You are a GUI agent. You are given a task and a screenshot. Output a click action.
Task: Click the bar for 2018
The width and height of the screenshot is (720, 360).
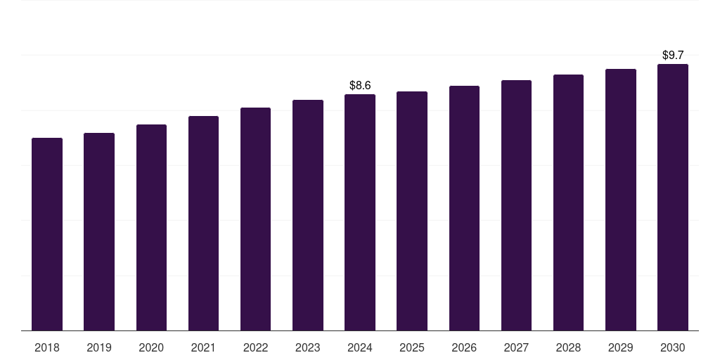point(47,234)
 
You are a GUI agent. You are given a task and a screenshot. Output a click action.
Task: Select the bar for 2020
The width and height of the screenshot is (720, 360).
point(151,227)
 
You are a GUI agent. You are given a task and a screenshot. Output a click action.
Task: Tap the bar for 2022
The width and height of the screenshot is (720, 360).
point(255,219)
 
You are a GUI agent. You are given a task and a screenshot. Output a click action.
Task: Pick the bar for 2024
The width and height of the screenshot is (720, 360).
point(360,212)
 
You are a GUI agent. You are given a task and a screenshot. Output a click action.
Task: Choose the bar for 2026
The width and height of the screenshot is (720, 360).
point(464,208)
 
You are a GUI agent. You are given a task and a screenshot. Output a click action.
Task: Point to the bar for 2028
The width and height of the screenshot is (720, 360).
point(568,202)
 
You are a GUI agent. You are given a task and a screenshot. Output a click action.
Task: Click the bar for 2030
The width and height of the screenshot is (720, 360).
point(673,197)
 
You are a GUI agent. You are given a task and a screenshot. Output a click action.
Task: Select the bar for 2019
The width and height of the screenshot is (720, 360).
point(99,231)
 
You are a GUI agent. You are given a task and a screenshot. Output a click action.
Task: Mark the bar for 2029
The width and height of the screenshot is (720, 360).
point(621,200)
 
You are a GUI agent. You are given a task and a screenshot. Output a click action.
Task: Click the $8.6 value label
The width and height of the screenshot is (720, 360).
point(360,86)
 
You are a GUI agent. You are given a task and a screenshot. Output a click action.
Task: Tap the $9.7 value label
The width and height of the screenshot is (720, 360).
point(673,55)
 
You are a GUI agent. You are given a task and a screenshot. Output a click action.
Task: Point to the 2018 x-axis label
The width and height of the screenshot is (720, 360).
point(47,347)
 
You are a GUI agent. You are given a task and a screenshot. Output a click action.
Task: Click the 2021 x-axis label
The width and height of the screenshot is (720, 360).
point(203,347)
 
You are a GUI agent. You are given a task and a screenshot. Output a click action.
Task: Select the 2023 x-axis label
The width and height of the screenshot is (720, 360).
point(308,347)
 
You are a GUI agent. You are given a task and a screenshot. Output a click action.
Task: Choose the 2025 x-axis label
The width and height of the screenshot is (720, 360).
point(412,347)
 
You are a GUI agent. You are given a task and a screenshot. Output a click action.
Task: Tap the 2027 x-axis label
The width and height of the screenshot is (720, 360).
point(516,347)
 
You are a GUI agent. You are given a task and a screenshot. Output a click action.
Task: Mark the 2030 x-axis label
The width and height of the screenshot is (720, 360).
point(673,347)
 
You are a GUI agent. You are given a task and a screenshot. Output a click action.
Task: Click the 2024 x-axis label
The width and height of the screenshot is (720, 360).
point(360,347)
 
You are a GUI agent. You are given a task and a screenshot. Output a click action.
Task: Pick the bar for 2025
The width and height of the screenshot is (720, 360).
point(412,211)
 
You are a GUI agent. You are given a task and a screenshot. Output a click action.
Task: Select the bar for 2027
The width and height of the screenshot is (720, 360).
point(516,205)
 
